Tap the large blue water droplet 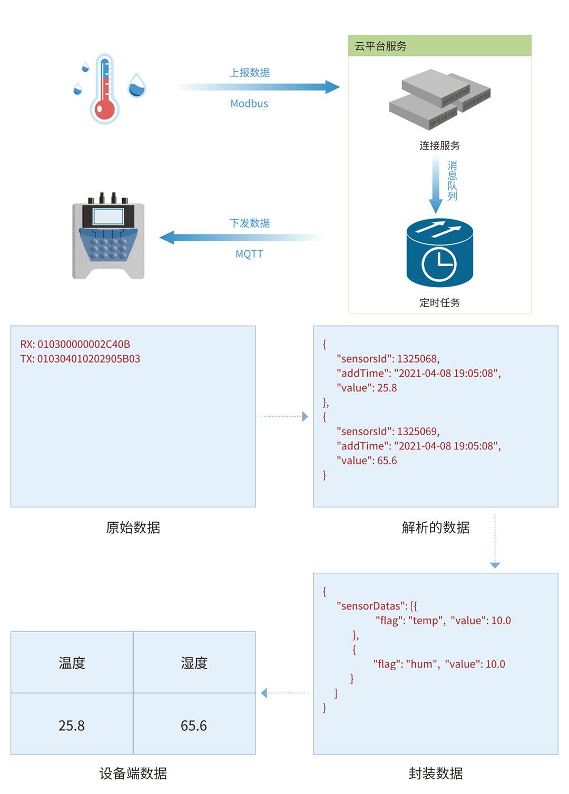(137, 86)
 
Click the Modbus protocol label (249, 104)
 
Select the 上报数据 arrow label (250, 73)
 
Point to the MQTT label (249, 254)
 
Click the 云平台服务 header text (380, 46)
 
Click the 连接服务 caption (439, 146)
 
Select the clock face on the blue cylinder (439, 263)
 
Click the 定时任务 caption (439, 302)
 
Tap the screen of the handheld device (108, 217)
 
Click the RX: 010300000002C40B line (75, 344)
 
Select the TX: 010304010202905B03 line (80, 359)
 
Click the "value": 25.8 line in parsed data (367, 388)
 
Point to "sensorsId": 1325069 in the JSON (388, 432)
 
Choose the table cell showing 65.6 (194, 726)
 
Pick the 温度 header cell (72, 663)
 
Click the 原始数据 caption (133, 527)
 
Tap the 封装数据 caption (435, 773)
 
